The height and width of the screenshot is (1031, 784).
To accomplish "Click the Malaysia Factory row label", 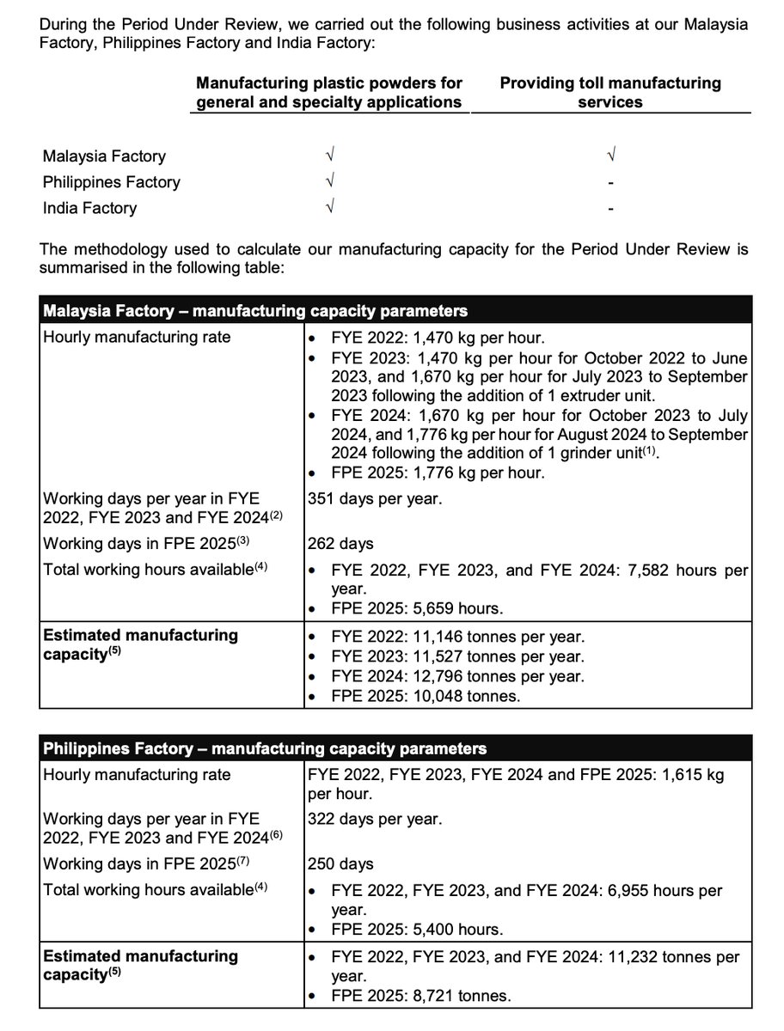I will (x=104, y=156).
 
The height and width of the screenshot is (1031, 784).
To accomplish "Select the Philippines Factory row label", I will (x=112, y=182).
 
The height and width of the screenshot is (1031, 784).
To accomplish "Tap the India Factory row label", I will (x=89, y=208).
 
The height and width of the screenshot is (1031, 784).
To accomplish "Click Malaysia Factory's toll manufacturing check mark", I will (x=610, y=156).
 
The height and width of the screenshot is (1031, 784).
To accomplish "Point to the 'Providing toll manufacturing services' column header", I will (x=610, y=93).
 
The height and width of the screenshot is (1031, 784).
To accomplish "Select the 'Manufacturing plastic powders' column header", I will (x=329, y=93).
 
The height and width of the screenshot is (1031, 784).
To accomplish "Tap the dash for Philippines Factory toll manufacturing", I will (x=610, y=182).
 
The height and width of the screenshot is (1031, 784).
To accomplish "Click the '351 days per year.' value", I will (x=375, y=498).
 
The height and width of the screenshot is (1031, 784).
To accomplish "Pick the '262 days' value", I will (x=340, y=544).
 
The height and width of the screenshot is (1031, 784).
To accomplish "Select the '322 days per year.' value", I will (x=375, y=820).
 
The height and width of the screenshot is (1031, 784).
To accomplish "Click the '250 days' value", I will (x=340, y=864).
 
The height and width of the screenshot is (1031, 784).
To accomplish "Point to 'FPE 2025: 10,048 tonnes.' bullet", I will (x=426, y=696).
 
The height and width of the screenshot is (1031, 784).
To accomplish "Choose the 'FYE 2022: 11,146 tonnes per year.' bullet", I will (x=457, y=637).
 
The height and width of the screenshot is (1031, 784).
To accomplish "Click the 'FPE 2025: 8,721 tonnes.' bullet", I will (x=421, y=997).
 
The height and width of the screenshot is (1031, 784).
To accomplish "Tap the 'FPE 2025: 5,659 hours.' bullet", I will (x=417, y=609).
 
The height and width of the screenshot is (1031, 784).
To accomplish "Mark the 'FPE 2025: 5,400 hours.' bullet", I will (x=417, y=930).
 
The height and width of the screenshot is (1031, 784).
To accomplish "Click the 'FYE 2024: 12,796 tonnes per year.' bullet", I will (x=457, y=676).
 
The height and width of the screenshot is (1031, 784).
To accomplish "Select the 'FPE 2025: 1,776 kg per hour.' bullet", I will (x=438, y=473).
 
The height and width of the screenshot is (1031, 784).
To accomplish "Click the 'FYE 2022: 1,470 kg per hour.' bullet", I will (x=438, y=338).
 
